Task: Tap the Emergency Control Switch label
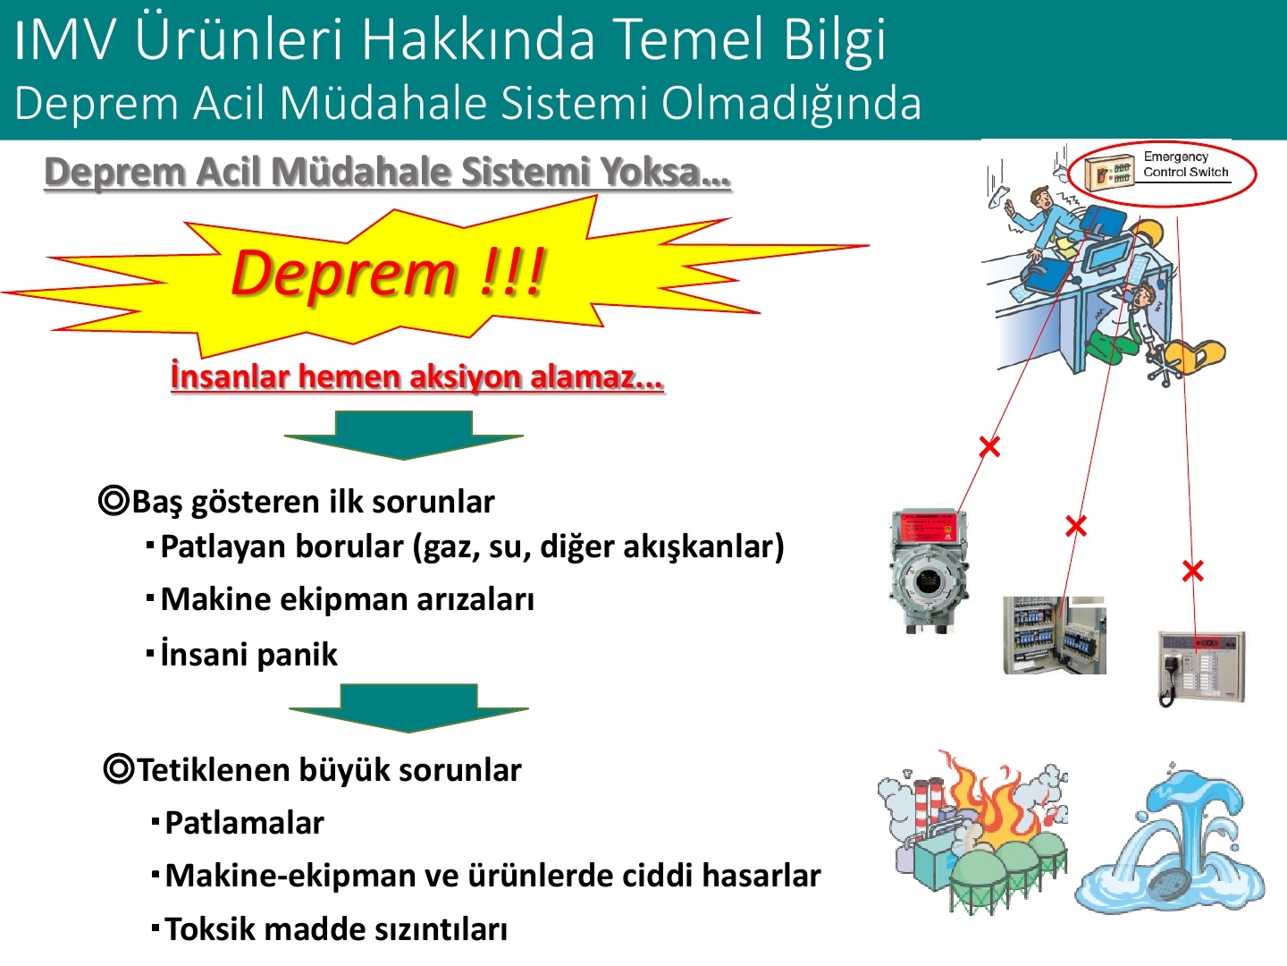[1185, 165]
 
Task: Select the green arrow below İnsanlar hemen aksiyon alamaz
[403, 435]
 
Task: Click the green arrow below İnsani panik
[408, 708]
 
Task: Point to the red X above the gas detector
[989, 447]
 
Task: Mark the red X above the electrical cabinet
[1076, 526]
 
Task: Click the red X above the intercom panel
[1193, 571]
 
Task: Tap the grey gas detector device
[929, 571]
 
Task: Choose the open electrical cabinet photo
[1055, 635]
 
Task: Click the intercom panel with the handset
[1201, 668]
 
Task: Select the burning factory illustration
[972, 833]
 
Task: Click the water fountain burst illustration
[1170, 839]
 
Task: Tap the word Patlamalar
[244, 822]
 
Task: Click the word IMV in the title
[64, 40]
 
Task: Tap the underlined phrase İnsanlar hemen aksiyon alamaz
[416, 376]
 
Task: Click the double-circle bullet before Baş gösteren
[114, 501]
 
